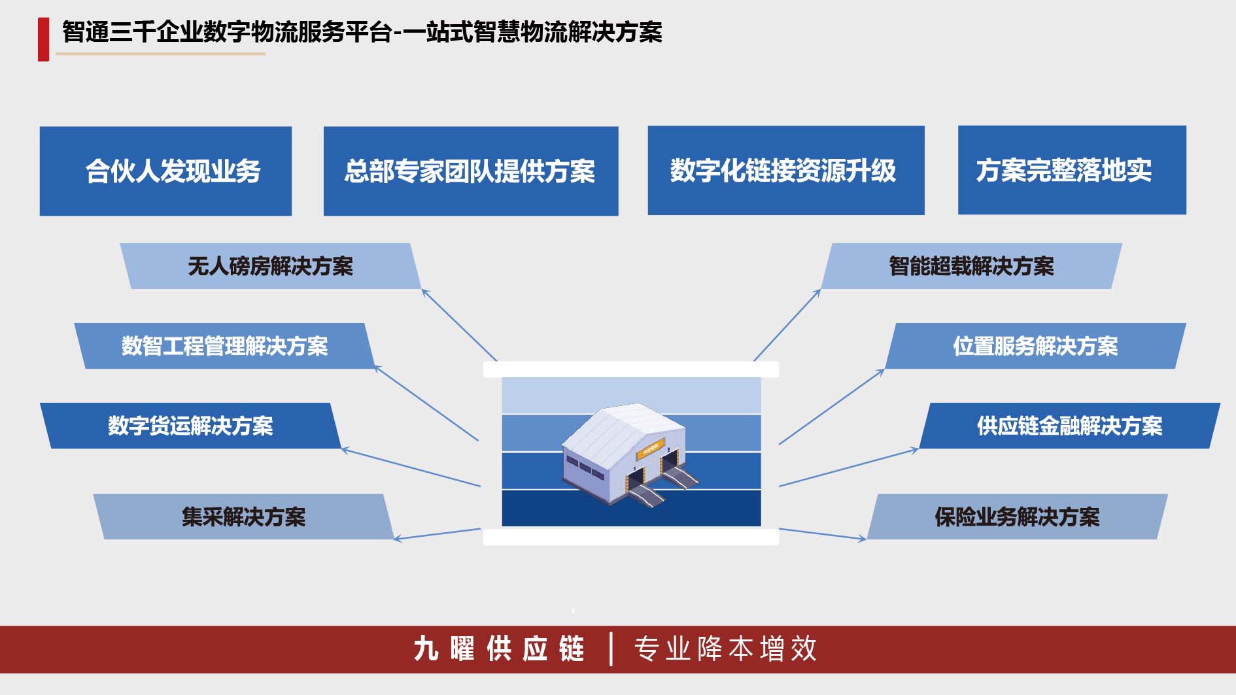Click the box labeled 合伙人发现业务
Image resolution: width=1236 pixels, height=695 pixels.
click(x=165, y=171)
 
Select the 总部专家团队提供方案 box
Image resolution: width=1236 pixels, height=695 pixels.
click(x=471, y=171)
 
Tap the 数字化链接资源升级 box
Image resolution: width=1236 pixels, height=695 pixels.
click(x=786, y=171)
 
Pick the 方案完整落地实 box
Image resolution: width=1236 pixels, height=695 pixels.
click(x=1072, y=170)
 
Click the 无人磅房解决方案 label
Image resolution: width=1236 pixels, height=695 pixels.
click(x=270, y=266)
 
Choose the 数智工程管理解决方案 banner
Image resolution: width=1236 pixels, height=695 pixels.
click(x=224, y=346)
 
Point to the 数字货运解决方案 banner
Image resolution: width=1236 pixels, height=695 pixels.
click(x=190, y=426)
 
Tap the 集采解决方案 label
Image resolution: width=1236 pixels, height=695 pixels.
click(x=243, y=517)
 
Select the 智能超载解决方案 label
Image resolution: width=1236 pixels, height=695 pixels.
click(x=971, y=266)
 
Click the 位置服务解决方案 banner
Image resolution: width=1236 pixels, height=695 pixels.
click(x=1035, y=346)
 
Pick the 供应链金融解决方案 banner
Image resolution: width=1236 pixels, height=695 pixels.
click(x=1070, y=426)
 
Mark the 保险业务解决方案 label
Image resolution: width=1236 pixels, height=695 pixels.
click(x=1017, y=517)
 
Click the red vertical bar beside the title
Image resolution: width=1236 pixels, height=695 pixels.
click(x=44, y=39)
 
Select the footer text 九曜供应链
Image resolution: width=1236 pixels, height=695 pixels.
click(x=499, y=649)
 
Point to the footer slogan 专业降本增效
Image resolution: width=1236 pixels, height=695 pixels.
click(x=725, y=649)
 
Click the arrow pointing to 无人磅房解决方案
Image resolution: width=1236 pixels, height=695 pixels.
click(x=459, y=325)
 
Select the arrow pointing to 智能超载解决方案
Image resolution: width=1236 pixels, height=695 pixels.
click(x=787, y=325)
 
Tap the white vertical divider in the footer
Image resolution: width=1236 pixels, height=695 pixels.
click(x=611, y=649)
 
